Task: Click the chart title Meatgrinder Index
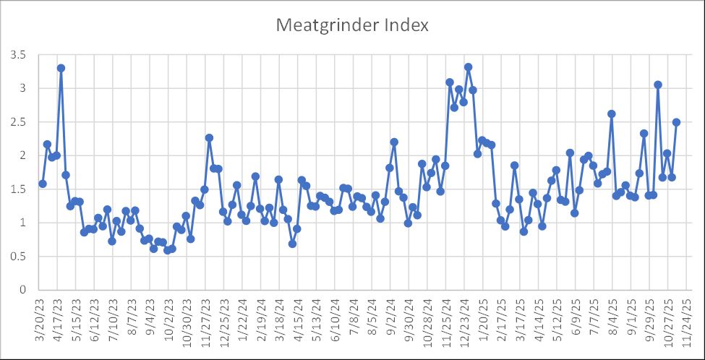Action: (x=352, y=25)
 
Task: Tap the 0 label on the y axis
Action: (x=22, y=290)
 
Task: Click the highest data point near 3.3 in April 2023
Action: (x=61, y=68)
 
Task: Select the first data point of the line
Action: (x=43, y=184)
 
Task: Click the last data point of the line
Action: (x=676, y=122)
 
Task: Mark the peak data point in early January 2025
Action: (x=468, y=67)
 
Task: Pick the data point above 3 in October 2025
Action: (x=658, y=85)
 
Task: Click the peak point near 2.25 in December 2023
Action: (x=209, y=137)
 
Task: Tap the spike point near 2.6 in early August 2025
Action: (x=611, y=113)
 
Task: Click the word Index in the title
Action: (x=403, y=25)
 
